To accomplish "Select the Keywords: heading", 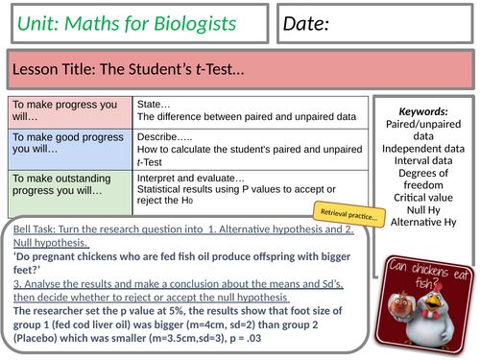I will point(422,110).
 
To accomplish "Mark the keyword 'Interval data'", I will point(422,163).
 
